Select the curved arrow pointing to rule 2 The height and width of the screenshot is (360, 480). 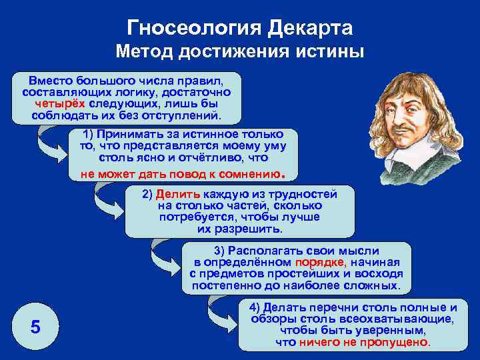coord(107,203)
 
